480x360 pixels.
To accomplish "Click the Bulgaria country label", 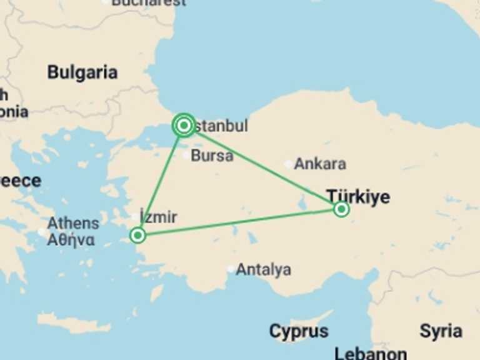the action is [x=82, y=72].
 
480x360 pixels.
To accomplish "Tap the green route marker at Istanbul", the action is [x=184, y=126].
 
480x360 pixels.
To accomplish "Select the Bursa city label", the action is [x=212, y=155].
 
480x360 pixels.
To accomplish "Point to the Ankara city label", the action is [x=319, y=164].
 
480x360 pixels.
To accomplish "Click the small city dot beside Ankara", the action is [x=288, y=164].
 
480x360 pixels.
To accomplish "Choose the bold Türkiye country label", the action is [x=358, y=196].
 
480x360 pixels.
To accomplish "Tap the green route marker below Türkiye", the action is [x=341, y=209].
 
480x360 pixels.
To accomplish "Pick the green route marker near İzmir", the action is [x=137, y=236].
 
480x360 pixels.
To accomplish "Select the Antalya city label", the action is [x=263, y=269].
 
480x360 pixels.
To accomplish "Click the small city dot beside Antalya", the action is [x=231, y=269].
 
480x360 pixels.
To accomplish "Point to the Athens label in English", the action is [x=73, y=223].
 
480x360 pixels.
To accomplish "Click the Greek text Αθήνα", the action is [x=71, y=239].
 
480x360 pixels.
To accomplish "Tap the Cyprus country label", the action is [x=299, y=331].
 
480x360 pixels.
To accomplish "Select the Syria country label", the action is [x=441, y=331].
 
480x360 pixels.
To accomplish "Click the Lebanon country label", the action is [x=371, y=353].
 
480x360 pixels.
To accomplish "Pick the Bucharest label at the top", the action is [x=148, y=2].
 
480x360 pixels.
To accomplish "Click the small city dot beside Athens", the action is [x=42, y=232].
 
